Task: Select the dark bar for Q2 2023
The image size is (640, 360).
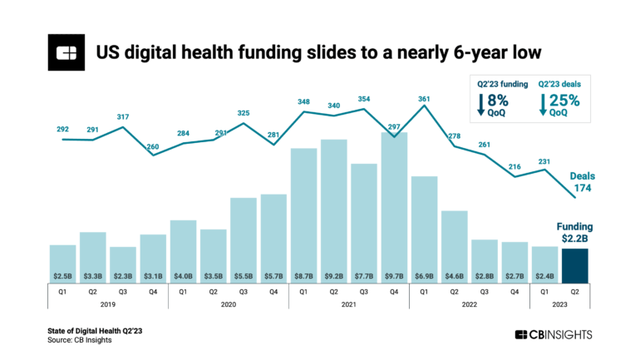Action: tap(575, 265)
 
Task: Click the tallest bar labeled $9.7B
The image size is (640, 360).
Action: tap(394, 207)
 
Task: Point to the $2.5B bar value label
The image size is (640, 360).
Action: tap(62, 274)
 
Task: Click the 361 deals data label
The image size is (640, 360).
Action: tap(426, 98)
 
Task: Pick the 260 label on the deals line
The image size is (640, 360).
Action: tap(154, 147)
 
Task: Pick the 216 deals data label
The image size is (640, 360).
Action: tap(515, 167)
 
